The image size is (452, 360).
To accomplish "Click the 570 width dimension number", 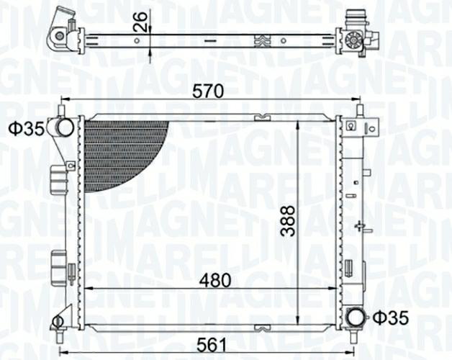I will point(209,91).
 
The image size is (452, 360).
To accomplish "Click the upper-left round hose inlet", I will point(63,128).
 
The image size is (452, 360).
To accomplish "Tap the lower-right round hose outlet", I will point(354,317).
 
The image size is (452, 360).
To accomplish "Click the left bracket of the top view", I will point(63,30).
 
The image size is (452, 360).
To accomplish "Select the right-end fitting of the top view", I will point(355,32).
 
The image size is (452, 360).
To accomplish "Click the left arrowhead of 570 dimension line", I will point(64,100).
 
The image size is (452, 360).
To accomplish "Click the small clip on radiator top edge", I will point(260,117).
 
